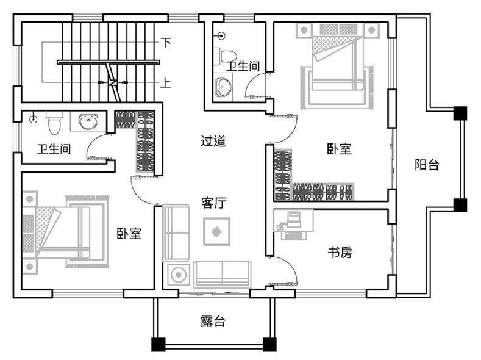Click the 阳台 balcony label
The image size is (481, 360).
point(427,165)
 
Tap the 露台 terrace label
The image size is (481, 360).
point(213,322)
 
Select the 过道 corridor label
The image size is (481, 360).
point(213,141)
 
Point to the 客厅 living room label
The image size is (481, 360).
point(214,203)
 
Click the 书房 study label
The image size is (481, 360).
point(340,252)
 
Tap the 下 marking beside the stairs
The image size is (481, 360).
point(166,42)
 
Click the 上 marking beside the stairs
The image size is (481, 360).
point(166,83)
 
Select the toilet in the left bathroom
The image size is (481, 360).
point(55,123)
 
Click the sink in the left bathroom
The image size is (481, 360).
point(88,121)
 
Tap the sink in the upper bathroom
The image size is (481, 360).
point(223,87)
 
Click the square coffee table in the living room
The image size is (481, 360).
point(216,231)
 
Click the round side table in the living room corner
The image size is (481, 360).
point(178,275)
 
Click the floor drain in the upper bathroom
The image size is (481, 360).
point(221,36)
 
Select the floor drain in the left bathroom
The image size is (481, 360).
point(34,119)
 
